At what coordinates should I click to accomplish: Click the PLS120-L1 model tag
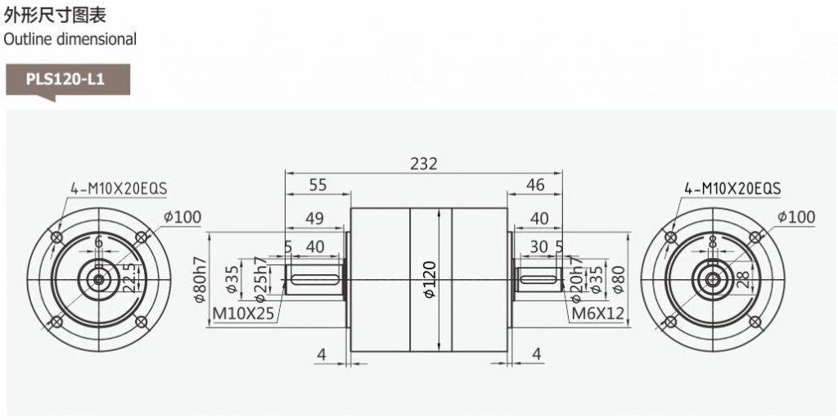click(65, 79)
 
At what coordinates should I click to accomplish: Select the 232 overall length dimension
click(424, 164)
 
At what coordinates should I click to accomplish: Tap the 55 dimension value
click(318, 185)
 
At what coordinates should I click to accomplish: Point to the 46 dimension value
click(535, 185)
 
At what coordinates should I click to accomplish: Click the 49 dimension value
click(315, 219)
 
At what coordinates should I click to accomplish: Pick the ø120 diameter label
click(430, 279)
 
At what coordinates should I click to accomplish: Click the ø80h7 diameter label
click(200, 280)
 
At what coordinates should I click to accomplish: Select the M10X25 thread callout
click(244, 314)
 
